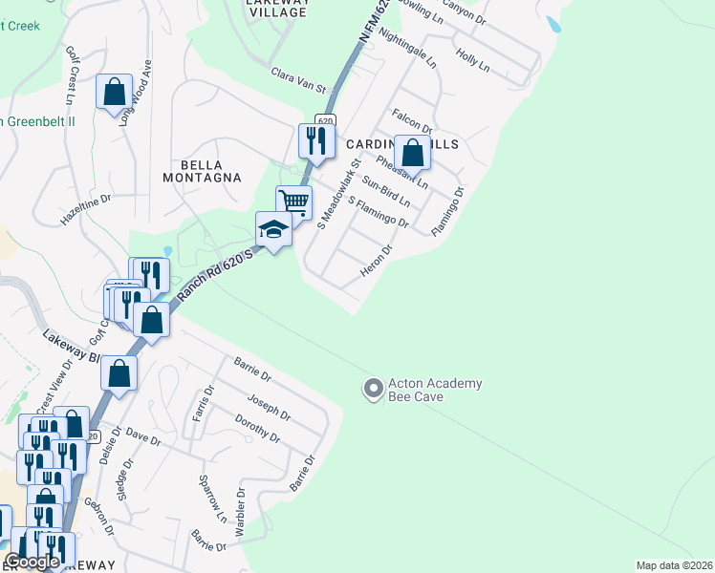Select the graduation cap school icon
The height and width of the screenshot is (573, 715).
point(273,229)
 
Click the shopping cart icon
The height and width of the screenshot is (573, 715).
point(294,202)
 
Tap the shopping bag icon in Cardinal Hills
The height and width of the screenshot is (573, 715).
point(412,153)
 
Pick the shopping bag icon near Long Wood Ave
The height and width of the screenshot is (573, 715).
point(115,93)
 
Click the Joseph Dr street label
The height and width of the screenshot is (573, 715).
point(269,407)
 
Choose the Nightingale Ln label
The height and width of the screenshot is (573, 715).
point(407,48)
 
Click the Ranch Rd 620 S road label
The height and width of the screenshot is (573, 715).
point(214,277)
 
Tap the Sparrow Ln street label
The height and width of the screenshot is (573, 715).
point(212,496)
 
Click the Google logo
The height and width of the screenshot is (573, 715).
point(32,562)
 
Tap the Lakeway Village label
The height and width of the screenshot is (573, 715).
point(277,7)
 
